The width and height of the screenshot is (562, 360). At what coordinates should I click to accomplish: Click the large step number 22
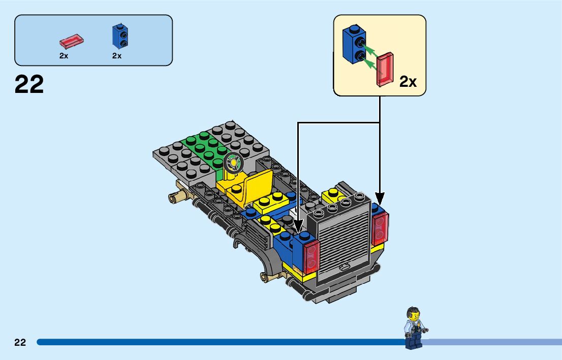click(29, 85)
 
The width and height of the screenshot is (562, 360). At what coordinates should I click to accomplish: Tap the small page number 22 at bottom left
click(20, 342)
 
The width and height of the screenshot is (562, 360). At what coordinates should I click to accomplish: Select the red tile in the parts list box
click(72, 39)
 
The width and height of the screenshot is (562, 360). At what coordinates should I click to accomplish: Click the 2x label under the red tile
click(64, 56)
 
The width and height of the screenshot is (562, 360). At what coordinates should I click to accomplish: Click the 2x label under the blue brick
click(117, 56)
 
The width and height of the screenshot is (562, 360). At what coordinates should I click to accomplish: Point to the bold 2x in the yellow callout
click(408, 81)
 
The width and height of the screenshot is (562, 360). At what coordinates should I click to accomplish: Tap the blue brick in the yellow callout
click(354, 45)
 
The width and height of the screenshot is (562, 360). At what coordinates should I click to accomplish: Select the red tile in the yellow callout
click(385, 69)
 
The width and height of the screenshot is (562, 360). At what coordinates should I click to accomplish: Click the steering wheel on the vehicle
click(233, 162)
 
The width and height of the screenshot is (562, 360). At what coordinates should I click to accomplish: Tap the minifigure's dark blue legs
click(412, 340)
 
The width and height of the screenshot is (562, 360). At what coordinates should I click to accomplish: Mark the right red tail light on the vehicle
click(381, 230)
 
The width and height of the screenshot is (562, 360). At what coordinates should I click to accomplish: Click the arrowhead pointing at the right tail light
click(380, 198)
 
